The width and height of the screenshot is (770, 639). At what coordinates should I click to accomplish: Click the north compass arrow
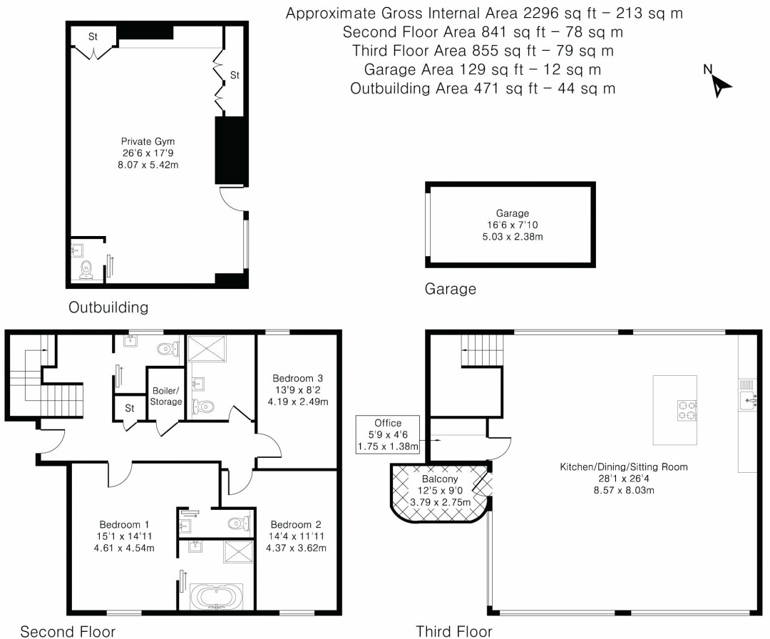(x=721, y=84)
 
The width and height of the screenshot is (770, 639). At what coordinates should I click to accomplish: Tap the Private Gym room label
(x=148, y=141)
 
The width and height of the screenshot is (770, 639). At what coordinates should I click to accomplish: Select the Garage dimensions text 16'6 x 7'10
(x=513, y=225)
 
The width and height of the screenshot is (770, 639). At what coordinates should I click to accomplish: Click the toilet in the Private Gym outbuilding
(x=86, y=270)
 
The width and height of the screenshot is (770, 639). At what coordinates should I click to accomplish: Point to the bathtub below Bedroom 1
(x=215, y=595)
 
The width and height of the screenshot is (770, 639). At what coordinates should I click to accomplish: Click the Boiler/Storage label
(x=165, y=397)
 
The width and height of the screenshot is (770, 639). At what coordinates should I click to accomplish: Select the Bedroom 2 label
(x=291, y=524)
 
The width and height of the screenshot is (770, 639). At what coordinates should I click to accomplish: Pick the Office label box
(x=389, y=434)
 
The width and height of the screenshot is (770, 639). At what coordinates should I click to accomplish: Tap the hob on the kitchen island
(x=686, y=410)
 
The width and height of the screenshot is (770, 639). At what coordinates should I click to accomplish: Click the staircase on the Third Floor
(x=481, y=353)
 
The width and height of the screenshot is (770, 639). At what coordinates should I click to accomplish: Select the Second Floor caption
(x=68, y=630)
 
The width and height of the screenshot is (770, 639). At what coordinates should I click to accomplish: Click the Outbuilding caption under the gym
(x=108, y=307)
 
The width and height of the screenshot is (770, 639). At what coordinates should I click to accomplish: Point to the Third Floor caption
(x=453, y=630)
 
